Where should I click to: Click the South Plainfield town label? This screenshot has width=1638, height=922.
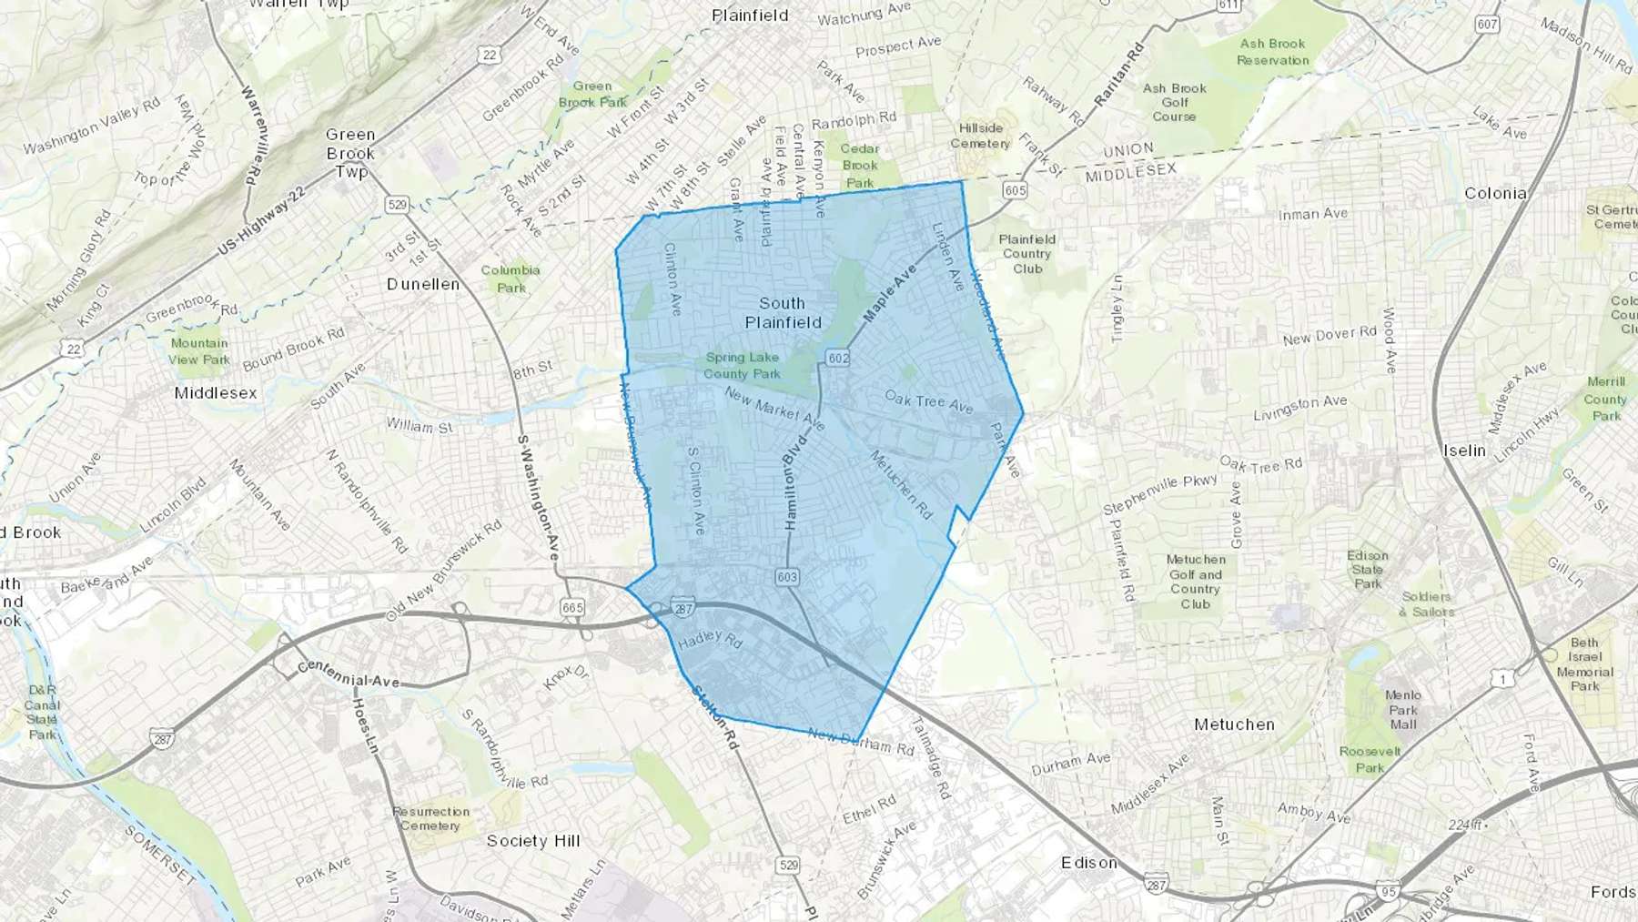click(x=783, y=312)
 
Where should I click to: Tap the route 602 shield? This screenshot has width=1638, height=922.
click(x=838, y=358)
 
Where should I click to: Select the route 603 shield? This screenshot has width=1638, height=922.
click(x=787, y=577)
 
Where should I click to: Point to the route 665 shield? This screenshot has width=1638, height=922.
click(x=573, y=607)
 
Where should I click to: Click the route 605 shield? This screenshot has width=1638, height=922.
click(x=1015, y=190)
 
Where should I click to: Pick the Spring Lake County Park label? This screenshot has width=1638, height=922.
click(x=742, y=365)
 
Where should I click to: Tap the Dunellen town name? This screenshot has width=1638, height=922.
click(x=423, y=284)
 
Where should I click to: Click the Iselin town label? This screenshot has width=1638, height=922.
click(x=1464, y=451)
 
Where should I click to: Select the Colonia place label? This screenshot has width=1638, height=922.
click(x=1495, y=193)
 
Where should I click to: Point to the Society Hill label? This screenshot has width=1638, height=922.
click(x=533, y=841)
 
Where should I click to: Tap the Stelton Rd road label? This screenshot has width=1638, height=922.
click(x=713, y=717)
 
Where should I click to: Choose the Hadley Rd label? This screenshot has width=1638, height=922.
click(x=711, y=639)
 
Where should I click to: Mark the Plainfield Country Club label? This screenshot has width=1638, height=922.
click(x=1027, y=254)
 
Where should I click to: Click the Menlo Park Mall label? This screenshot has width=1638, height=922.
click(x=1403, y=710)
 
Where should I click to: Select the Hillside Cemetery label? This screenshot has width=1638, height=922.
click(x=980, y=136)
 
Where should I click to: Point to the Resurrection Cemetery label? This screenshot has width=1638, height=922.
click(x=430, y=818)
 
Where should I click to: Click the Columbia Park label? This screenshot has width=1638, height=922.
click(x=511, y=279)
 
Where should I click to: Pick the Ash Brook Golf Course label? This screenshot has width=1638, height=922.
click(x=1175, y=102)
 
